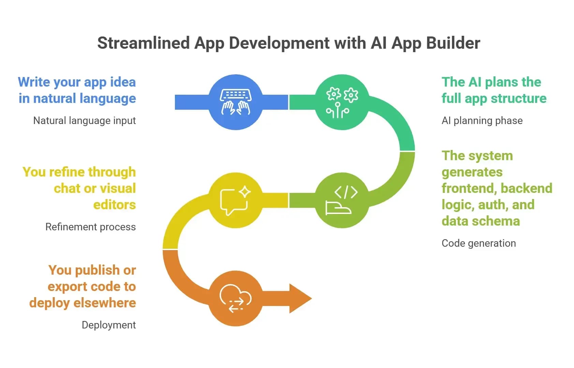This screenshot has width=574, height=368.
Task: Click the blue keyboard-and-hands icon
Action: coord(236,102)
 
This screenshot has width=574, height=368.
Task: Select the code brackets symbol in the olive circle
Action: coord(346,192)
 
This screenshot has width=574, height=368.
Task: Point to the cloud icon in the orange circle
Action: coord(236,298)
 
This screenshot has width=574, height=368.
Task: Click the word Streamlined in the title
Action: coord(144,43)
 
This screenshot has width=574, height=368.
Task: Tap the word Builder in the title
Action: coord(453,43)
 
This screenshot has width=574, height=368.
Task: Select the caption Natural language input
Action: coord(84,121)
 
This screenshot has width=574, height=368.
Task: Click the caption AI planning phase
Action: coord(482,121)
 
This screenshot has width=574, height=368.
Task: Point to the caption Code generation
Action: coord(479,243)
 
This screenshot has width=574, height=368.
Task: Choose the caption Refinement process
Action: coord(90,227)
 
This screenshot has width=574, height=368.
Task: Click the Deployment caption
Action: coord(109,325)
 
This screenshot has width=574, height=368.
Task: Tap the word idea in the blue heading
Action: coord(123,82)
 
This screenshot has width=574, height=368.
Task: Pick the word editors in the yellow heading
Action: coord(115,205)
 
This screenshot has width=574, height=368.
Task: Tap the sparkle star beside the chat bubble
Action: coord(245,192)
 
